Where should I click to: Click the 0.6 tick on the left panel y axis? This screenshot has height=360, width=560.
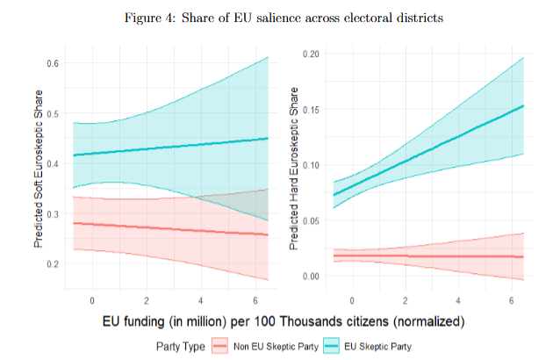point(52,63)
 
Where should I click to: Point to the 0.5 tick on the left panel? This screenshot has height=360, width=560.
point(52,113)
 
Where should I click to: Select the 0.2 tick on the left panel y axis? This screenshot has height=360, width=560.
point(52,263)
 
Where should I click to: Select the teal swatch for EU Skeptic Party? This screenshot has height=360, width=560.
point(333,347)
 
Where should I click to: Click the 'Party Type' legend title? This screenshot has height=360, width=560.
point(181,347)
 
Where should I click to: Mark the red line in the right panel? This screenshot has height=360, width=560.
point(430,256)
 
